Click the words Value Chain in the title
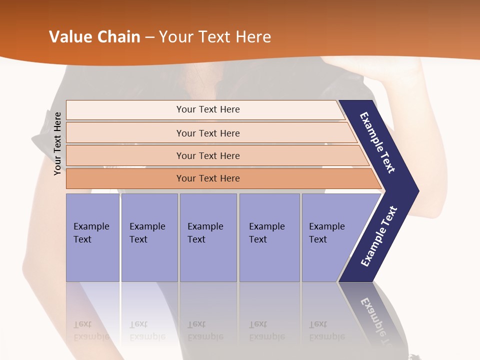(x=94, y=37)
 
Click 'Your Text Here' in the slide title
(x=215, y=37)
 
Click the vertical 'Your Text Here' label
(x=58, y=143)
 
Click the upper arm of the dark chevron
(x=378, y=142)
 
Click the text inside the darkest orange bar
(x=208, y=178)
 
